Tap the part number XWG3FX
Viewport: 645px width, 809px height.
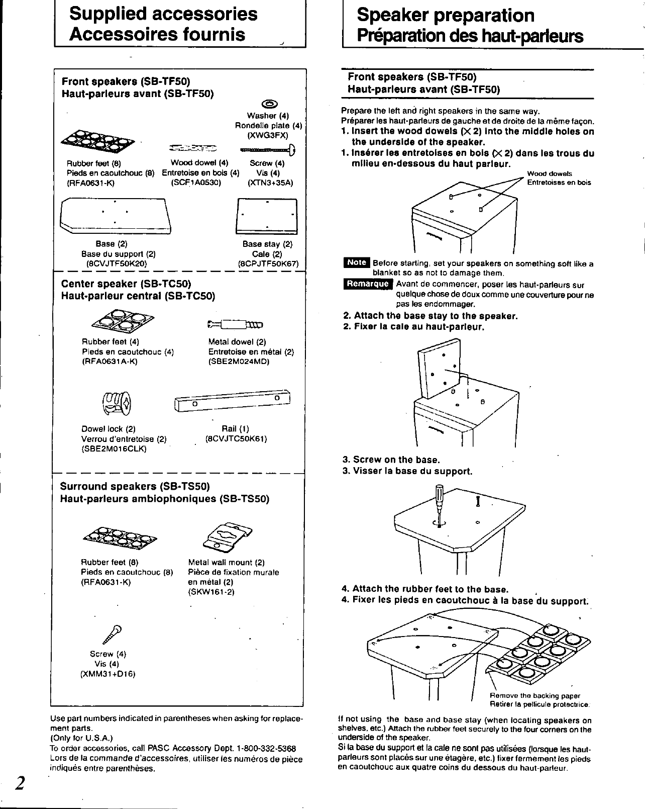coord(268,135)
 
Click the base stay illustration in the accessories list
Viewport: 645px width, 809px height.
coord(266,216)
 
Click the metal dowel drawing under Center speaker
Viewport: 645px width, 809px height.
coord(235,324)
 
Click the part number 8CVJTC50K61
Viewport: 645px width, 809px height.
coord(236,438)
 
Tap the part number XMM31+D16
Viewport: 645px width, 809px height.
coord(107,674)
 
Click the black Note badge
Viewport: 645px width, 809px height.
coord(356,262)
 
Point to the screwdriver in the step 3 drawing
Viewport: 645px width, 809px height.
coord(440,502)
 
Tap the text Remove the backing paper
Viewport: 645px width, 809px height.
coord(534,696)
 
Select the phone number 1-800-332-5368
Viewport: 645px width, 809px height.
coord(266,748)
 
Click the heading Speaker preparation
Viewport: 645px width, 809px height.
coord(446,16)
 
